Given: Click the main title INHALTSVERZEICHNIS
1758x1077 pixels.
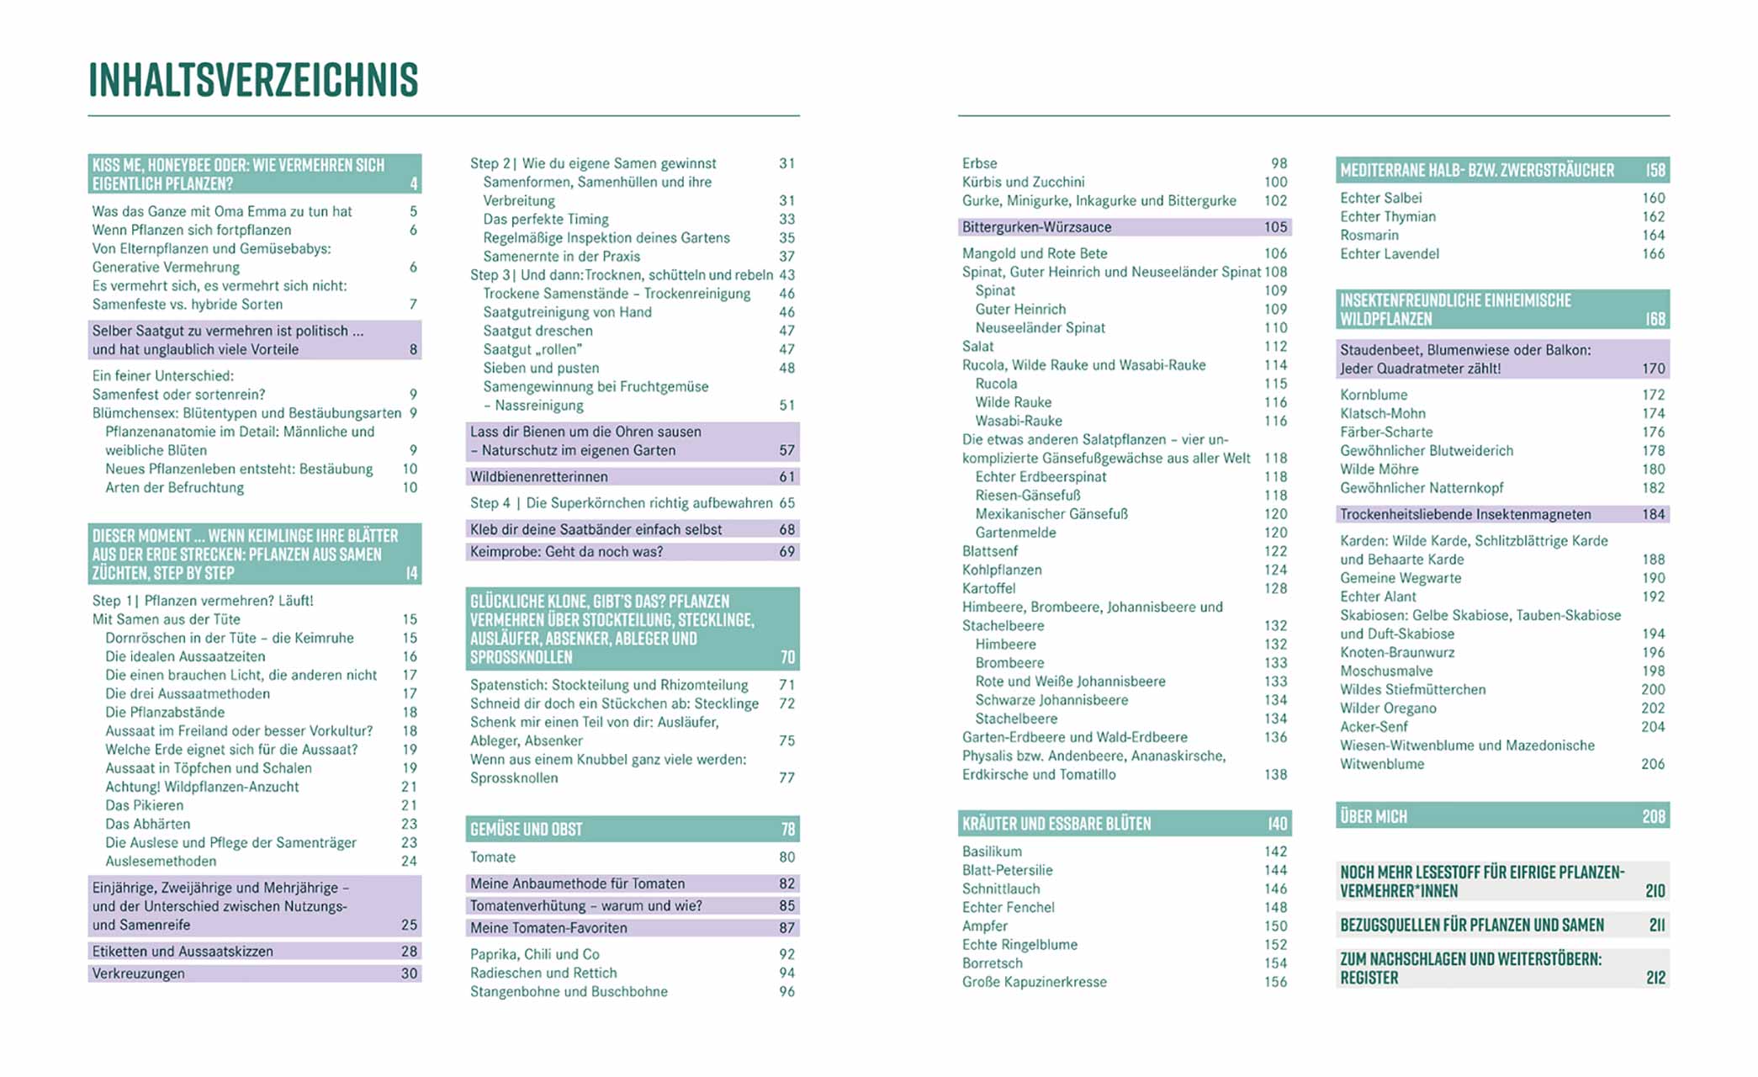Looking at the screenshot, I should point(253,80).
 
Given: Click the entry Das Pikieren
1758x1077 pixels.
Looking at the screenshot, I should point(144,805).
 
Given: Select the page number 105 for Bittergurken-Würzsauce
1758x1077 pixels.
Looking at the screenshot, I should point(1275,227).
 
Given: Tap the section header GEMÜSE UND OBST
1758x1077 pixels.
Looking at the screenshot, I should point(527,830).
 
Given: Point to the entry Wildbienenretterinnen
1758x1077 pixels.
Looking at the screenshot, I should point(538,477).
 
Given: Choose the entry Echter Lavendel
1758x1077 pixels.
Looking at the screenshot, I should point(1389,254).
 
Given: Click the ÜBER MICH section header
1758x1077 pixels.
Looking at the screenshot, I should point(1373,816).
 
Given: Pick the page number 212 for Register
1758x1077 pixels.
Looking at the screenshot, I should point(1655,978).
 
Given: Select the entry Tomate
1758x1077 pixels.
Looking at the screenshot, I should point(493,857).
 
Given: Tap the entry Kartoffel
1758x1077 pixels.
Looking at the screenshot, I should point(988,589).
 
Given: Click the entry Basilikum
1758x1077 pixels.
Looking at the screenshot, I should point(992,852).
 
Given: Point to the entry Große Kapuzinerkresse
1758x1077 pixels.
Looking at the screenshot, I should point(1034,982).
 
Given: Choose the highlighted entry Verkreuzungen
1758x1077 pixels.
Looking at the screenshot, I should point(138,974).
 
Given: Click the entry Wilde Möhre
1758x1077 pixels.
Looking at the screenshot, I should point(1379,470).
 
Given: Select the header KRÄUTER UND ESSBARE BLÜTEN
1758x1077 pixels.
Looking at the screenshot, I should point(1056,824).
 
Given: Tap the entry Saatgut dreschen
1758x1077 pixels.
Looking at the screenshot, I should point(537,331).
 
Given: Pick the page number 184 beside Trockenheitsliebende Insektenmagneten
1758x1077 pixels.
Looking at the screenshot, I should point(1653,514).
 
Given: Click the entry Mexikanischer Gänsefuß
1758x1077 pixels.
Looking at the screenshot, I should point(1051,514).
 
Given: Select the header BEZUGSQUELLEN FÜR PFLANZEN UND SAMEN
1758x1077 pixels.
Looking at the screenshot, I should point(1471,925).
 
